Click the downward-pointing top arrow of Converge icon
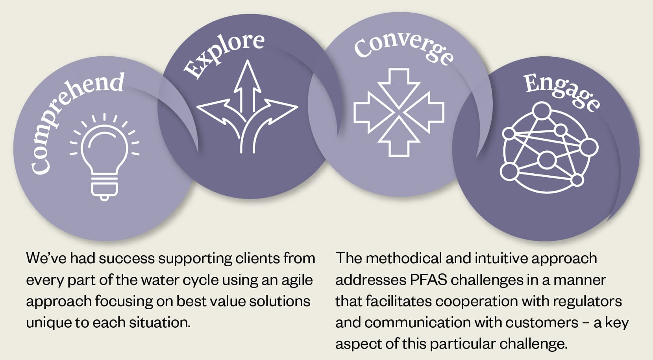pyautogui.click(x=399, y=85)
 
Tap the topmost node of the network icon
pyautogui.click(x=542, y=111)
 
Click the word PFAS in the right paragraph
pyautogui.click(x=428, y=280)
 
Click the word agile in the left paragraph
pyautogui.click(x=297, y=280)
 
